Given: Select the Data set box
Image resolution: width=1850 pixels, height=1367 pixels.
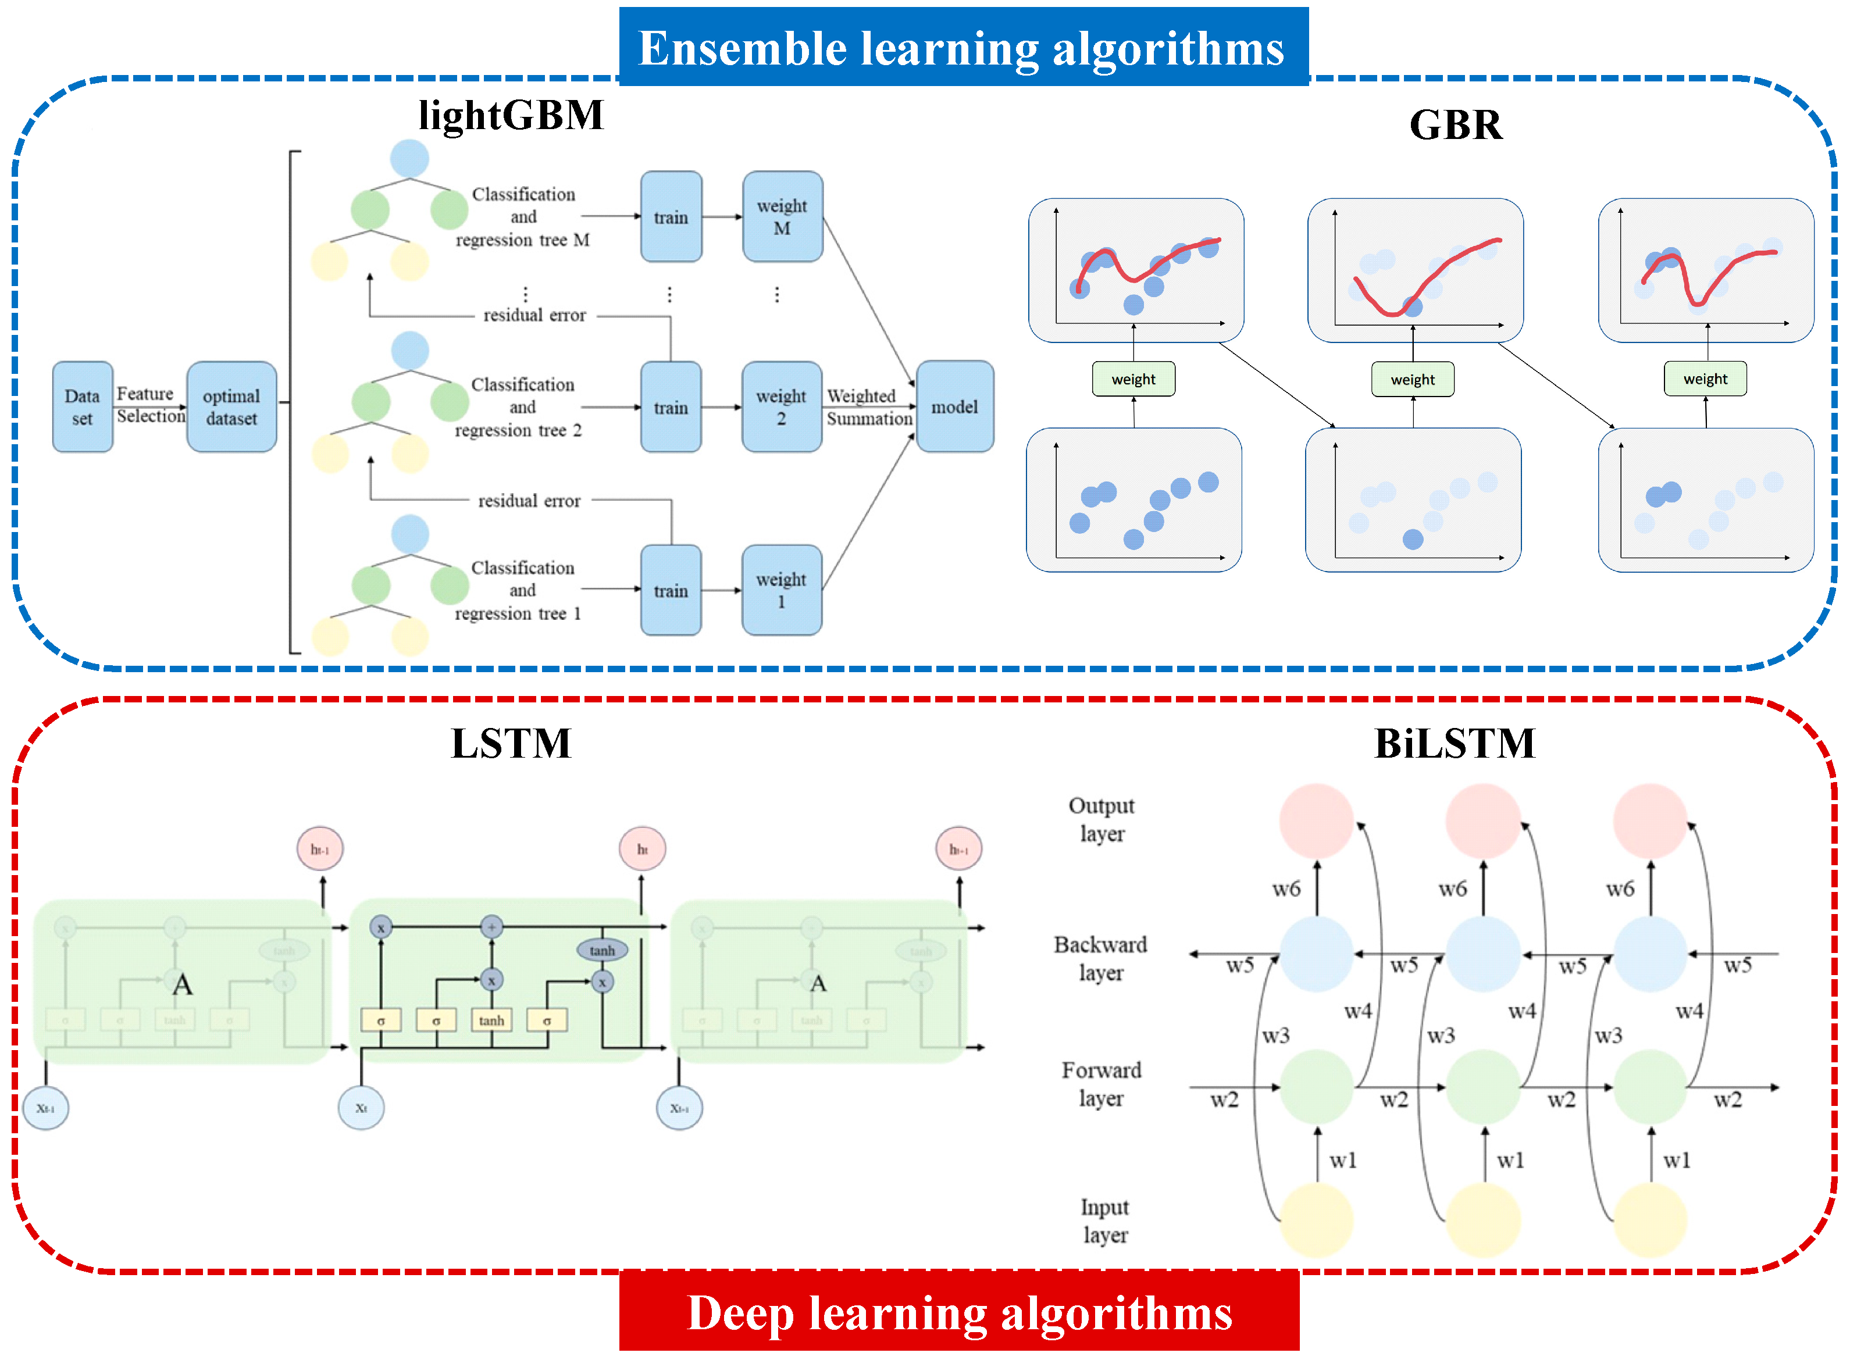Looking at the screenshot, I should [x=82, y=406].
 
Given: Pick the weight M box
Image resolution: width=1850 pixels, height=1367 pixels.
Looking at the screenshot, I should [x=782, y=217].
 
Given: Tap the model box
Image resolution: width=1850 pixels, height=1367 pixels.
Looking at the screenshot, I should [x=954, y=406].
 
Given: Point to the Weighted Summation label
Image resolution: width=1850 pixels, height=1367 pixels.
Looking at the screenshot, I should [x=868, y=407].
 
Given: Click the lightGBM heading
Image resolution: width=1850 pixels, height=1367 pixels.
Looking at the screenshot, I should [x=511, y=115].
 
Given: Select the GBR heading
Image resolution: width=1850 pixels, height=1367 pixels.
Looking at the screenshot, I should [x=1455, y=125].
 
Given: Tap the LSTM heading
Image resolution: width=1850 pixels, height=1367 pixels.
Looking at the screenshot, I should [x=511, y=743].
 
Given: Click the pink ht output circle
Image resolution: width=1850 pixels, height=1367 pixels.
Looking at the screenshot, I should [x=641, y=849].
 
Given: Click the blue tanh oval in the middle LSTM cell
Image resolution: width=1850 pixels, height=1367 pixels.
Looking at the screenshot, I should [x=602, y=950].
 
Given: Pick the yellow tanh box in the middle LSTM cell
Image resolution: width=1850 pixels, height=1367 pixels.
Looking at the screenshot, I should [x=491, y=1020].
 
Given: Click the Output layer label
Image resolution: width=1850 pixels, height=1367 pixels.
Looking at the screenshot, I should [x=1100, y=819].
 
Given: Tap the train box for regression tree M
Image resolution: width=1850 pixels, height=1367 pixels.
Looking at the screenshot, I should [x=671, y=217].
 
